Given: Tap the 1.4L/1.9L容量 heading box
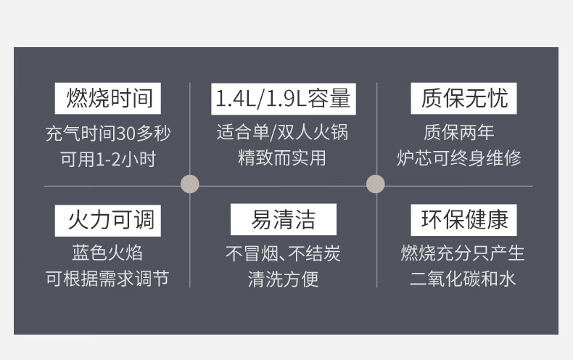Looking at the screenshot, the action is pyautogui.click(x=282, y=98).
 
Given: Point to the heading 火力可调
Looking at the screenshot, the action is pyautogui.click(x=107, y=220).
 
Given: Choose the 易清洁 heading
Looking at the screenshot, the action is pyautogui.click(x=283, y=220).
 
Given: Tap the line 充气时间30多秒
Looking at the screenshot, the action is pyautogui.click(x=107, y=134).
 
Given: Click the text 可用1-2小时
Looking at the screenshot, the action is pyautogui.click(x=107, y=159).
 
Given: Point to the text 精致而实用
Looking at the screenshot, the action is pyautogui.click(x=282, y=157).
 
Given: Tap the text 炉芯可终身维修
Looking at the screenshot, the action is pyautogui.click(x=459, y=157).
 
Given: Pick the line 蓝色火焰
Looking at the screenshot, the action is pyautogui.click(x=107, y=253).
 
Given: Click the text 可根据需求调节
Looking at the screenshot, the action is pyautogui.click(x=107, y=278).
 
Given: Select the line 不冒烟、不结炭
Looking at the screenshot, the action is pyautogui.click(x=283, y=253).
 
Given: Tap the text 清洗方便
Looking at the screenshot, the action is pyautogui.click(x=283, y=279).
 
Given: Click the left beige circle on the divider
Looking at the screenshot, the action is pyautogui.click(x=189, y=184).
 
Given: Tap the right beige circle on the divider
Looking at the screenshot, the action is pyautogui.click(x=375, y=184).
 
